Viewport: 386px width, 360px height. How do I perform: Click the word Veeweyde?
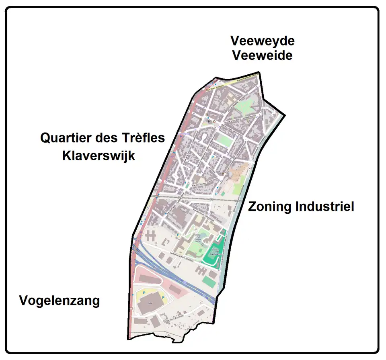262,41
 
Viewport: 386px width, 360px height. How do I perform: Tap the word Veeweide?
262,55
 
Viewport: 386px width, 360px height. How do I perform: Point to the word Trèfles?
142,138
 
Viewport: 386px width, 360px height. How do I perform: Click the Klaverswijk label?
99,155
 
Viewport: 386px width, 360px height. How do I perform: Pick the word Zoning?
270,207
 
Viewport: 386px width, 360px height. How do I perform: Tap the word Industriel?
324,207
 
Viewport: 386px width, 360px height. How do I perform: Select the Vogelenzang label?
60,301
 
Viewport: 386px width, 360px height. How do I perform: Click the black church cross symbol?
209,120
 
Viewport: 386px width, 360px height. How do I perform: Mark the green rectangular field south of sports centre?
208,281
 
